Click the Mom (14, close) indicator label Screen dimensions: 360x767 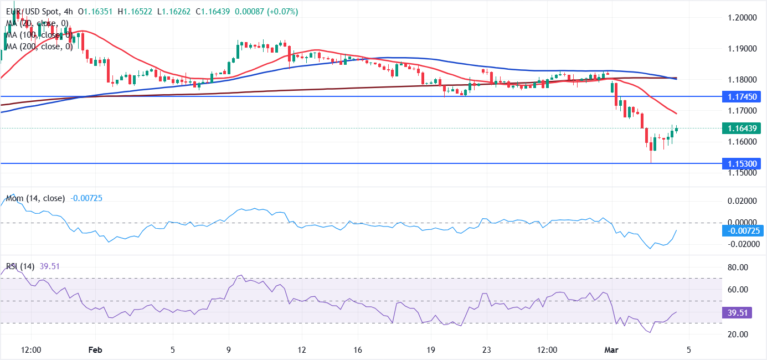point(35,198)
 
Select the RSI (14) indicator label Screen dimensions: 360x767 point(20,266)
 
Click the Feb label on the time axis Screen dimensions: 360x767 point(96,350)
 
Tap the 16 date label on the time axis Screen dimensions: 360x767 point(357,350)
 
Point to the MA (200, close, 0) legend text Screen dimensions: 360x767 point(39,47)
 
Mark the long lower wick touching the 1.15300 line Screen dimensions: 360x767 point(651,157)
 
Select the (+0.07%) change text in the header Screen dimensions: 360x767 point(282,11)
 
